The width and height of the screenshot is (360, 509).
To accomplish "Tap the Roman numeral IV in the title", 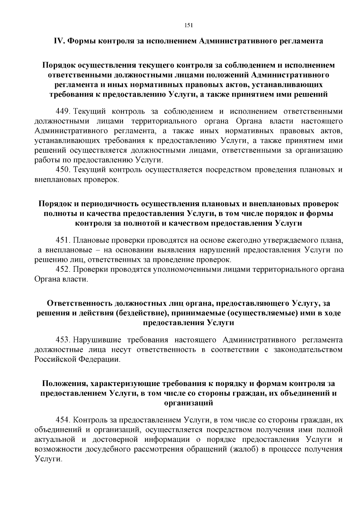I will [x=58, y=41].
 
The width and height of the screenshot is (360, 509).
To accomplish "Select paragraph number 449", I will [x=62, y=112].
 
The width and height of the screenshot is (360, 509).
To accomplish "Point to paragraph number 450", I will [x=62, y=170].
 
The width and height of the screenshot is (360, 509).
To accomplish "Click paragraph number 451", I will [x=62, y=240].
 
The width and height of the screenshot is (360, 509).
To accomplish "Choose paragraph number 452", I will [x=62, y=269].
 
